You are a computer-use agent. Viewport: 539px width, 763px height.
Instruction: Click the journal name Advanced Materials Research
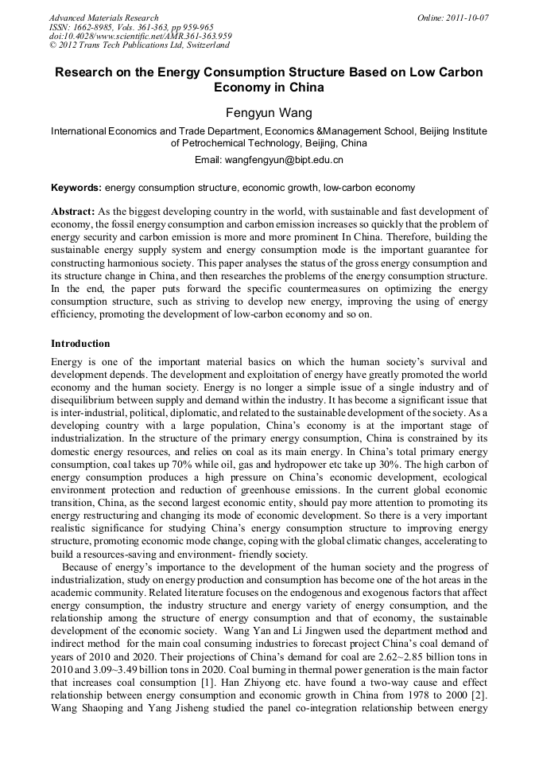103,18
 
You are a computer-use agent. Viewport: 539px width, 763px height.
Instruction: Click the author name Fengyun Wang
269,114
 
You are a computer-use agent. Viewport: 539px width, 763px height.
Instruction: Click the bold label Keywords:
76,189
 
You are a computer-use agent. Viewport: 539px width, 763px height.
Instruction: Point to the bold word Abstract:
73,212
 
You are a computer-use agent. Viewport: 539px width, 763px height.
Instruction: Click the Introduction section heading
80,344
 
